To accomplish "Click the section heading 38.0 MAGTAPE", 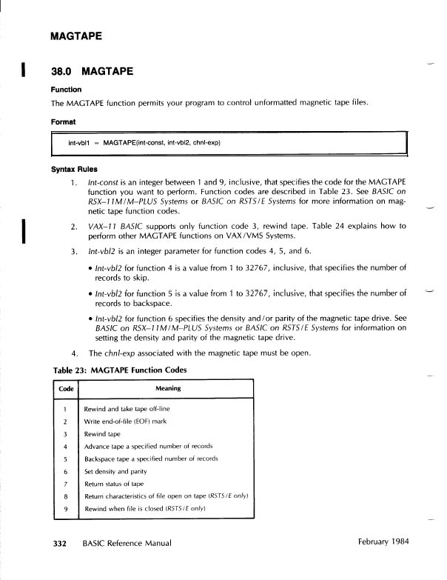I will [x=92, y=71].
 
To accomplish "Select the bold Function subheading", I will [x=66, y=90].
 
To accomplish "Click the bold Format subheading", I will [x=64, y=120].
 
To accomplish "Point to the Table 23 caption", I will [x=121, y=370].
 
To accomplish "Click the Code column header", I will [x=66, y=388].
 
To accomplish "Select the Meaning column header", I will [x=168, y=388].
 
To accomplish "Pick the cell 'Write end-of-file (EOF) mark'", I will [x=125, y=421].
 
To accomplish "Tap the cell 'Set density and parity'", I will [x=115, y=471].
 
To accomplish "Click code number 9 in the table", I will [x=66, y=508].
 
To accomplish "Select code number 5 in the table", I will [x=66, y=459].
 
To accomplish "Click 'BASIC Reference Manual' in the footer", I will [x=126, y=543].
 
